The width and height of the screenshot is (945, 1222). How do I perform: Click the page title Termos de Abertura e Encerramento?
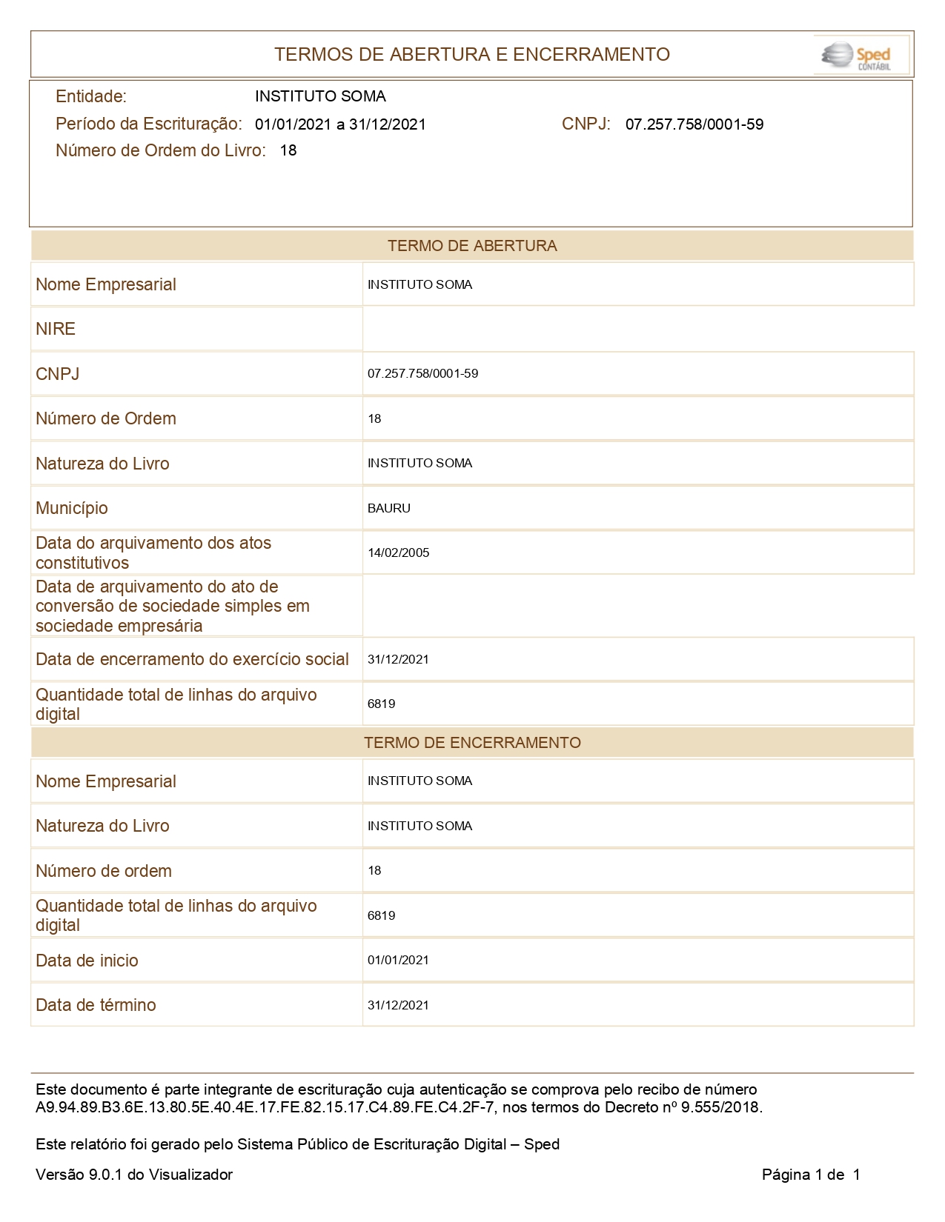tap(471, 54)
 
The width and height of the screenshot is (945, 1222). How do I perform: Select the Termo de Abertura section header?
tap(471, 246)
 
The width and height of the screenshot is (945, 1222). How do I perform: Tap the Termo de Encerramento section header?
tap(471, 743)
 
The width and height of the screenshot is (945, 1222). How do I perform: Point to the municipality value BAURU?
tap(388, 508)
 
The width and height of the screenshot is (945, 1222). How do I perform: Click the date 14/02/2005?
tap(398, 552)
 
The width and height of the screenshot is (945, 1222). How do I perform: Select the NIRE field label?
tap(56, 329)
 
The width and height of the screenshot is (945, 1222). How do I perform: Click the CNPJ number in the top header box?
tap(694, 124)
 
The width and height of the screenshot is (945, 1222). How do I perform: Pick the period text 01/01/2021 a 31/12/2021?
tap(340, 124)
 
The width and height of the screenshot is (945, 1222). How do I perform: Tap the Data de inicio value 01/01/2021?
tap(398, 960)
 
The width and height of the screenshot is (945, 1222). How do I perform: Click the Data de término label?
tap(96, 1005)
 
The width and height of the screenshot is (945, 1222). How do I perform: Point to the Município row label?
tap(72, 508)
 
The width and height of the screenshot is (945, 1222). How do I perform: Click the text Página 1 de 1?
tap(811, 1175)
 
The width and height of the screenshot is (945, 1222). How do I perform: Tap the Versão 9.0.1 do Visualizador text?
tap(134, 1175)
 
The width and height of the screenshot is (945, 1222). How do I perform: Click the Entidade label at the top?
tap(91, 96)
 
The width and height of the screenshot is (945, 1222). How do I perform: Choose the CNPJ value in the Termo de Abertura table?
tap(422, 373)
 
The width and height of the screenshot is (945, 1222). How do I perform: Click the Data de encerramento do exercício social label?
tap(192, 659)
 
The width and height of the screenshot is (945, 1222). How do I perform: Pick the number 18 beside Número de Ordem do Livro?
tap(288, 150)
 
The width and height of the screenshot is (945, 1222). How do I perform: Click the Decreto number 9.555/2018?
tap(721, 1108)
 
